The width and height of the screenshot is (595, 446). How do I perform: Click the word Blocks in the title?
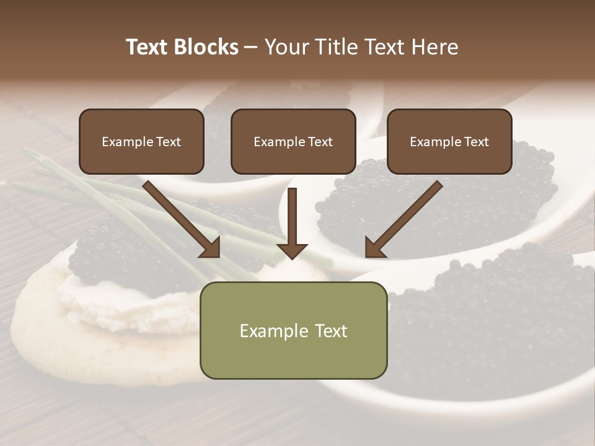[x=207, y=47]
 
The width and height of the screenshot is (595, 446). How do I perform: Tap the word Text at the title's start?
[x=148, y=47]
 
